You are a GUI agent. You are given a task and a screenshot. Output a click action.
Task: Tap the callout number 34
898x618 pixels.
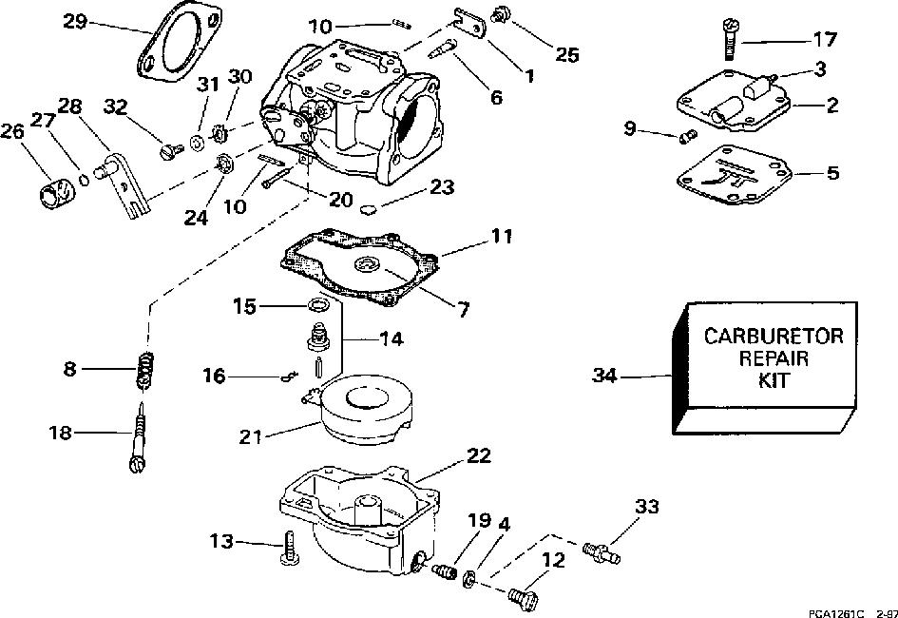[x=604, y=377]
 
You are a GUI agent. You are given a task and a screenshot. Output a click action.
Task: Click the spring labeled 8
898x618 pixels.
[x=146, y=371]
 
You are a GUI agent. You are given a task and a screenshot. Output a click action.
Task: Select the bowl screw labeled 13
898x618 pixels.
[x=290, y=548]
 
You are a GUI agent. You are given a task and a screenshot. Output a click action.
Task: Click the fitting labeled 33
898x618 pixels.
[x=602, y=551]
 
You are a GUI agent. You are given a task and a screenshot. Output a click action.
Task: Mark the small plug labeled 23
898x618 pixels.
[x=370, y=209]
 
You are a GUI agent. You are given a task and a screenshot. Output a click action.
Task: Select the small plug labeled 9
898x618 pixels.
[x=686, y=136]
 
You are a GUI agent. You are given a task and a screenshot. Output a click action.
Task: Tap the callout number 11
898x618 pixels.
[x=501, y=236]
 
